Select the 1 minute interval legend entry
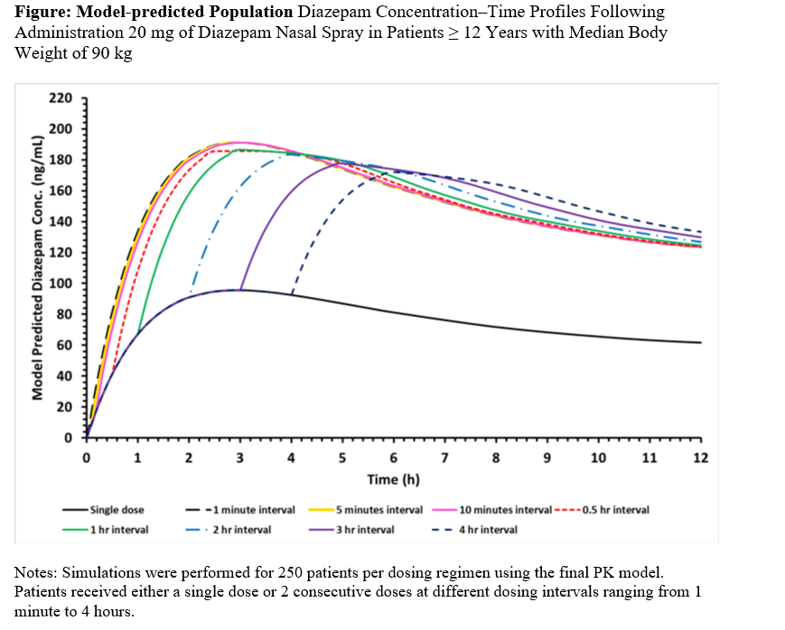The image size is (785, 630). point(250,510)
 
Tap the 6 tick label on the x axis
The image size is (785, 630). point(393,458)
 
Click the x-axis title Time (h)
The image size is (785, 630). point(393,479)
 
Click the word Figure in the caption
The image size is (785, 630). point(42,13)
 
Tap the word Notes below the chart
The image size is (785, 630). point(37,572)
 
